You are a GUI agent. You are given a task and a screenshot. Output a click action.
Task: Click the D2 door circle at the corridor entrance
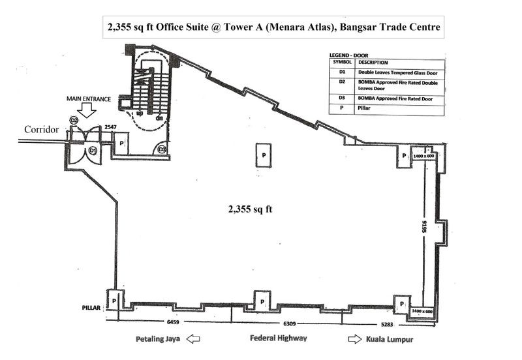click(74, 121)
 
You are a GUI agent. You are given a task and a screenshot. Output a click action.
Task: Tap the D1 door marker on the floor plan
click(93, 151)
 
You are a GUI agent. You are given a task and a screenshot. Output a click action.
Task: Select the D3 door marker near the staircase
click(162, 150)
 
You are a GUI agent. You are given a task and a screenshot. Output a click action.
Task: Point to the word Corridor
click(42, 130)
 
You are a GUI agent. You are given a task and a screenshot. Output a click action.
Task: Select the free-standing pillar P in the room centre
click(264, 156)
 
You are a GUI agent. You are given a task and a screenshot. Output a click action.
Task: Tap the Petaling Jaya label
click(158, 340)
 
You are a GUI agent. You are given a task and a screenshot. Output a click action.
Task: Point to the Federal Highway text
click(279, 339)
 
